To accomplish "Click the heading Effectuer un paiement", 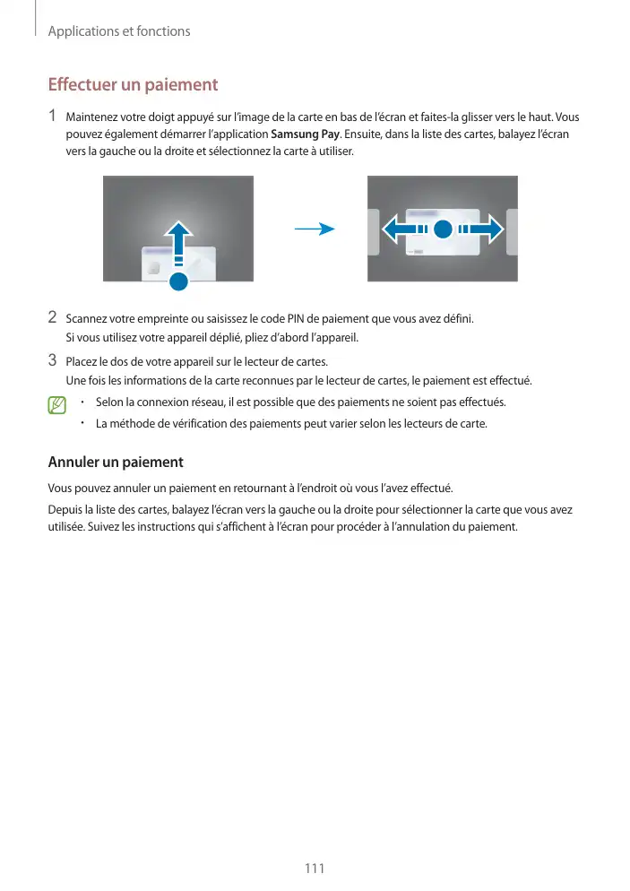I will (133, 86).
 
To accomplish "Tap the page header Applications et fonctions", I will (119, 31).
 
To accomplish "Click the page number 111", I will (314, 869).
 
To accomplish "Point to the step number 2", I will (53, 317).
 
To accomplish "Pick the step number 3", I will (53, 361).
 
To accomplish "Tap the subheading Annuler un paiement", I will (115, 463).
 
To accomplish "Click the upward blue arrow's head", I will (178, 235).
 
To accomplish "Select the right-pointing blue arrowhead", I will (489, 229).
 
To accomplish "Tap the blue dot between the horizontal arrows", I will (441, 229).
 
